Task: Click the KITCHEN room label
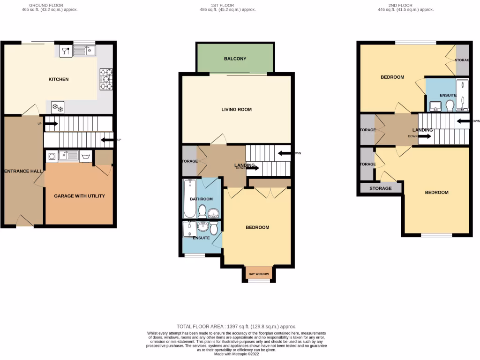point(59,79)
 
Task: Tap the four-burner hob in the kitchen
point(106,79)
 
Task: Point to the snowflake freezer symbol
point(57,107)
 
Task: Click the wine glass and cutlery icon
point(66,50)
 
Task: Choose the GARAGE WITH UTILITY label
point(79,195)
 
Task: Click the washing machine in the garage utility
point(52,156)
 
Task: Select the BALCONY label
point(235,59)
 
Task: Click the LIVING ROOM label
point(236,110)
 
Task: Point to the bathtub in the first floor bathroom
point(190,198)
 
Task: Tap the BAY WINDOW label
point(259,274)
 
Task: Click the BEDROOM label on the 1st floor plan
point(257,227)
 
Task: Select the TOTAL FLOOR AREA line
point(236,326)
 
